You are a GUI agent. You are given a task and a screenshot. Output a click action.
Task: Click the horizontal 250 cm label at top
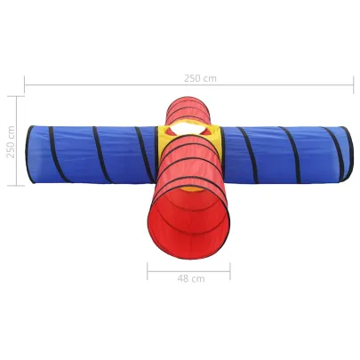point(200,77)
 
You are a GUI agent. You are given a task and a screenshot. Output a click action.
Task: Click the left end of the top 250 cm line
point(25,86)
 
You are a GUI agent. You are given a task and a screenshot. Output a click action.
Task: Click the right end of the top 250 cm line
point(353,86)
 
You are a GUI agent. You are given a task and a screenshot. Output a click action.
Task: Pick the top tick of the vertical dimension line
point(17,95)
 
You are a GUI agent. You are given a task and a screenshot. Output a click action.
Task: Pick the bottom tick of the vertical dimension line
point(17,185)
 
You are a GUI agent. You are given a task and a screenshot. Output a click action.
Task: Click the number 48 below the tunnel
point(183,277)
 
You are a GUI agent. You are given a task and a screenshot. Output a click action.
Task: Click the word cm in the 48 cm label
point(198,277)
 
